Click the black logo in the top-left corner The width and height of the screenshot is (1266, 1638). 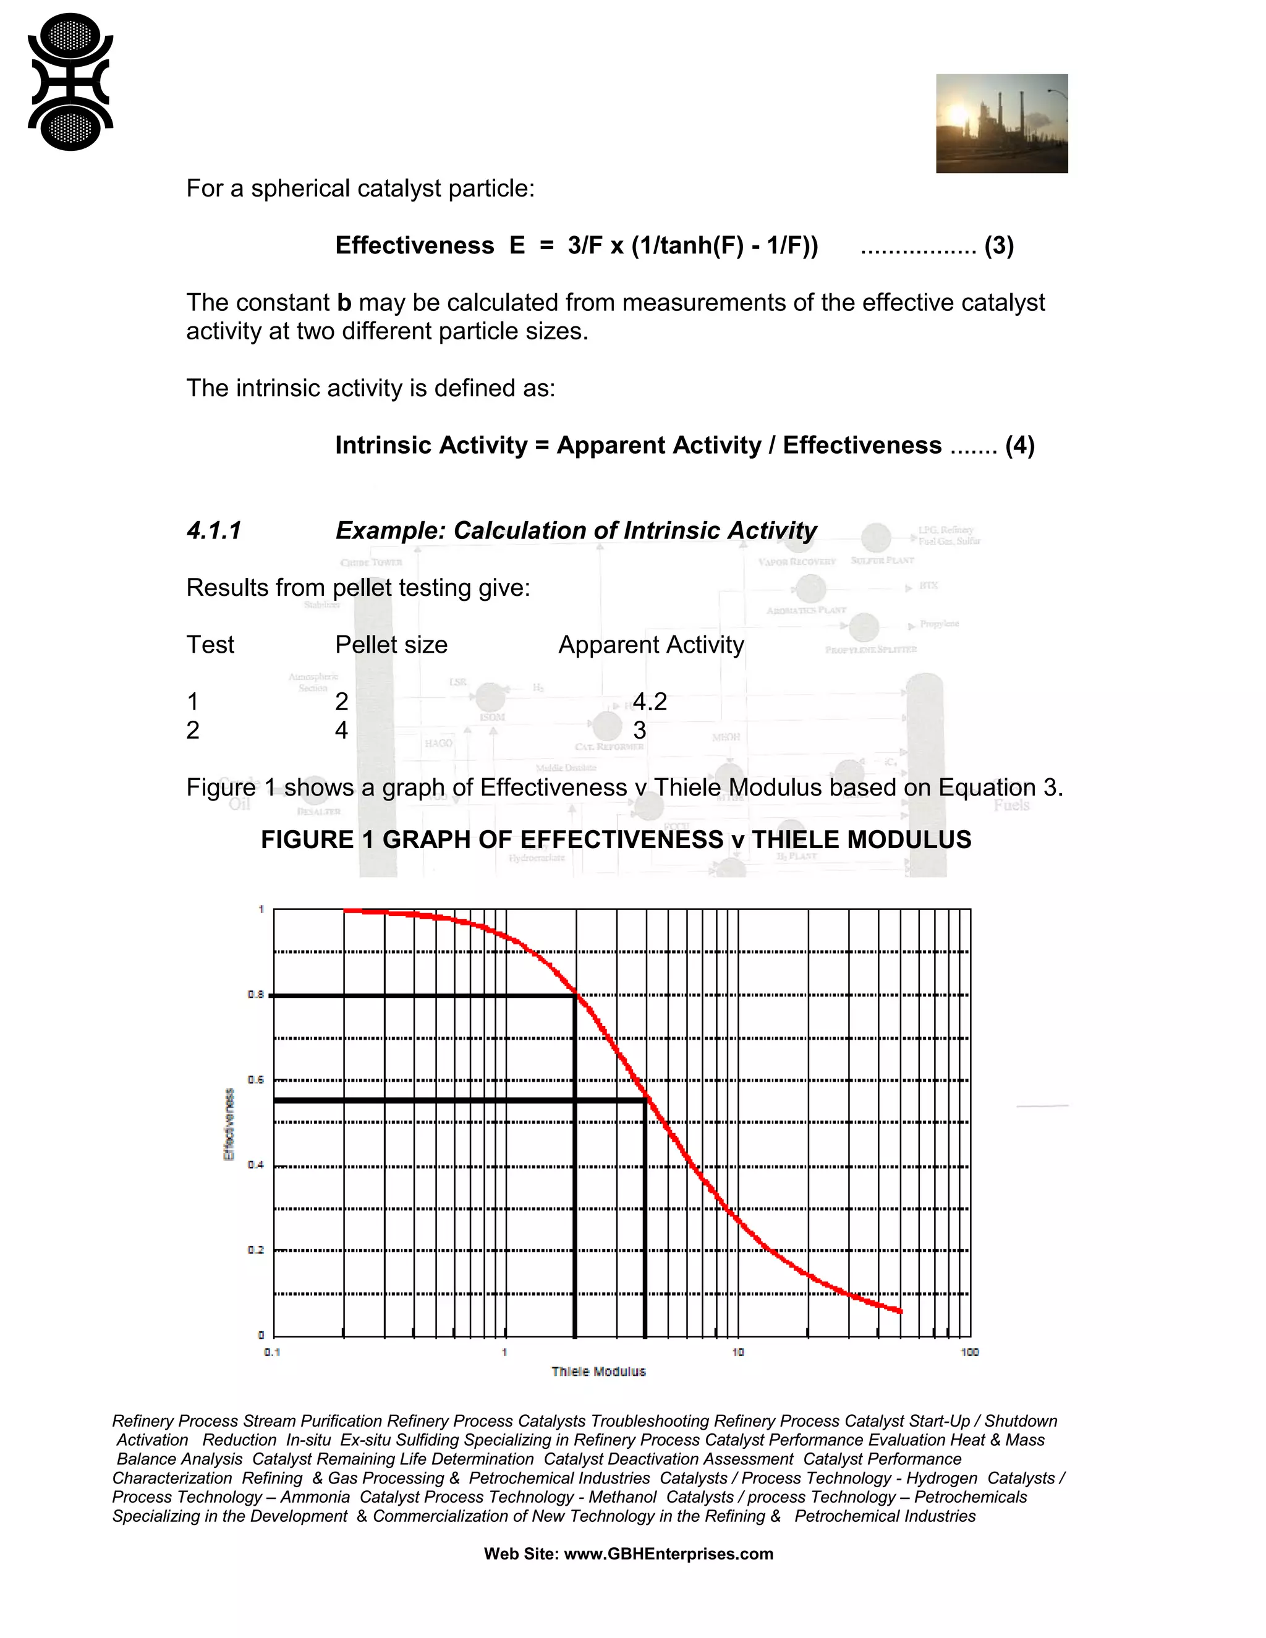point(70,82)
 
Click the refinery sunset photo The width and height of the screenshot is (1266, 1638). point(1001,124)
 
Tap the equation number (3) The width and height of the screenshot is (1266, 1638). point(999,246)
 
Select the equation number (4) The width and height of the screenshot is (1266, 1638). point(1020,446)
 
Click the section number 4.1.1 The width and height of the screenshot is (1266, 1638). point(214,531)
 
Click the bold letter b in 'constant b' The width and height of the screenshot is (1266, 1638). point(344,303)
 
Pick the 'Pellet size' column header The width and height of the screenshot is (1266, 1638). point(391,645)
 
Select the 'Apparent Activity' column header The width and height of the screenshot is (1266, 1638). point(651,645)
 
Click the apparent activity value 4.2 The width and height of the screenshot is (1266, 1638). point(650,702)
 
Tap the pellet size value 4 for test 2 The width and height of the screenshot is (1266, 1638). point(341,731)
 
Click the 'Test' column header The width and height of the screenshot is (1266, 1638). point(210,645)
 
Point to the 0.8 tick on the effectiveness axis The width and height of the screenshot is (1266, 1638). point(256,995)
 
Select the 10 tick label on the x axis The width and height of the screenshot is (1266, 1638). point(738,1352)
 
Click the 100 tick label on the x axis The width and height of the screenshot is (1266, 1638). point(970,1352)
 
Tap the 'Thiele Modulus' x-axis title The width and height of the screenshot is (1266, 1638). point(598,1372)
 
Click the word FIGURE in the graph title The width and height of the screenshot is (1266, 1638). point(307,840)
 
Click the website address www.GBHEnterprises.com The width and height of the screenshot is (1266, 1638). point(668,1554)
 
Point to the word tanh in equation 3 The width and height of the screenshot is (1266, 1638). point(694,246)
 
